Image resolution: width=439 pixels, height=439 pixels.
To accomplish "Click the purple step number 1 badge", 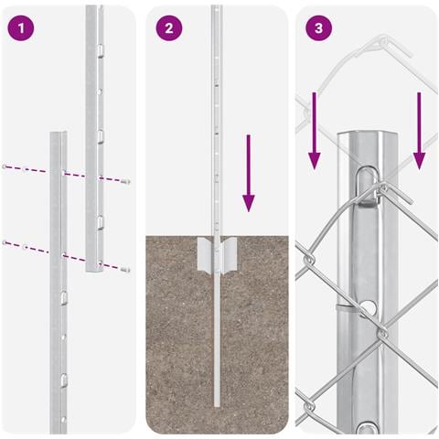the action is [21, 28].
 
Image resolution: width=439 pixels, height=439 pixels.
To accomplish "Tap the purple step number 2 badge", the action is [169, 28].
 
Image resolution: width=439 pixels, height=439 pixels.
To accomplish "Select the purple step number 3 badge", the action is [318, 28].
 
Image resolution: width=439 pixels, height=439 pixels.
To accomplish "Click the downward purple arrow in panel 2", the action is [249, 173].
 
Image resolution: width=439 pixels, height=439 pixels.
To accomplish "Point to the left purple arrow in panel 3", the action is [315, 131].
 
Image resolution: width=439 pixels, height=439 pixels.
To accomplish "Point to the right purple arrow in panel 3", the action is [419, 131].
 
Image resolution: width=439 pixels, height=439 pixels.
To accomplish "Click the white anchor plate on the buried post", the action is [217, 254].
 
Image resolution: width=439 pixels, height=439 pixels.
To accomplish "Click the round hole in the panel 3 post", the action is [369, 307].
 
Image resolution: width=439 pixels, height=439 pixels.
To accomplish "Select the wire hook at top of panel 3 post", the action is [369, 186].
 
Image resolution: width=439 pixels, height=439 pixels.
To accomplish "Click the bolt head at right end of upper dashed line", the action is [126, 182].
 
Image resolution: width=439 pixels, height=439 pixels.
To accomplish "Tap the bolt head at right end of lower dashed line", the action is [126, 270].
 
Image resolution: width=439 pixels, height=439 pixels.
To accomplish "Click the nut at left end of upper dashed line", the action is [4, 166].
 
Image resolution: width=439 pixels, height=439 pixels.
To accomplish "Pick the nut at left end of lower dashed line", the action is [4, 242].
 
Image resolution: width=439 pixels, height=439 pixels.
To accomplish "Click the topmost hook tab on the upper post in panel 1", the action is [100, 50].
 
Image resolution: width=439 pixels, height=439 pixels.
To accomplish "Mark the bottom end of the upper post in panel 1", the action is [94, 270].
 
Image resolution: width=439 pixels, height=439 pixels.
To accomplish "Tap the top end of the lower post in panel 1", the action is [59, 133].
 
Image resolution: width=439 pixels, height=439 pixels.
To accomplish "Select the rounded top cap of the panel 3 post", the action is [368, 135].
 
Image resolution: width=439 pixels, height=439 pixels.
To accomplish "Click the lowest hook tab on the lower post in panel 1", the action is [63, 380].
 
